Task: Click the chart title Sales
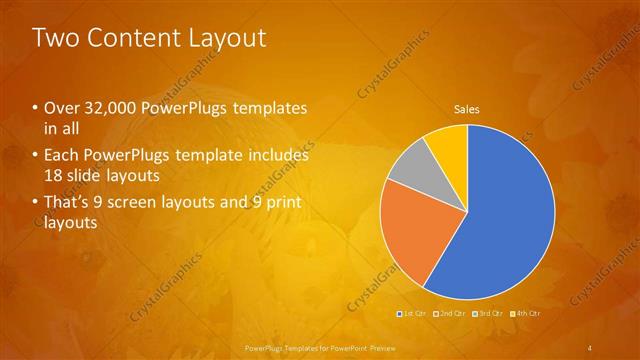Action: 467,109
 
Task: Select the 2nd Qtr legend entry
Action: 451,314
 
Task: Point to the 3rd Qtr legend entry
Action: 488,314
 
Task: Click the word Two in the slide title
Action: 56,38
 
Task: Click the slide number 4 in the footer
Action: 590,348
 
